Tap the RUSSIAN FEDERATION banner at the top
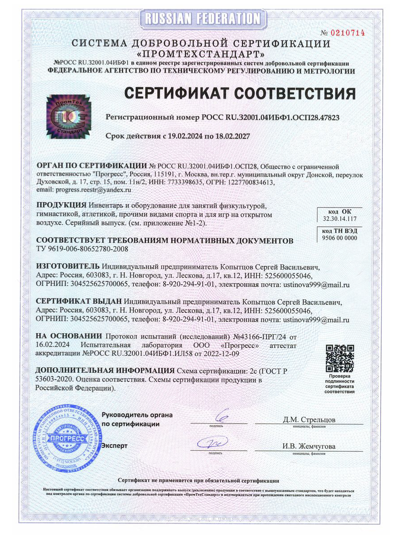click(x=201, y=18)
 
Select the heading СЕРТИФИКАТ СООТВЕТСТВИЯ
click(x=240, y=94)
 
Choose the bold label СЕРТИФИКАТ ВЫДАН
click(x=79, y=302)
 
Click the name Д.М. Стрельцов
click(x=309, y=420)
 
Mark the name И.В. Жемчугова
click(x=309, y=446)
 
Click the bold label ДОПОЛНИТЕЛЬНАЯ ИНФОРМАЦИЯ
click(x=104, y=371)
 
